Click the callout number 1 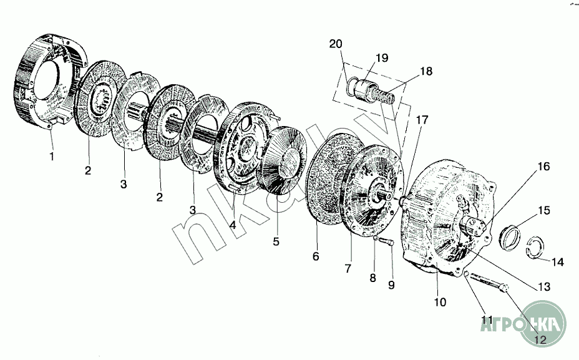[x=52, y=157]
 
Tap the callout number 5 [x=275, y=239]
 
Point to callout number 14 [x=557, y=263]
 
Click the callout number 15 [x=544, y=210]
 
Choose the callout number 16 [x=543, y=167]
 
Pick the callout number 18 [x=426, y=71]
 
